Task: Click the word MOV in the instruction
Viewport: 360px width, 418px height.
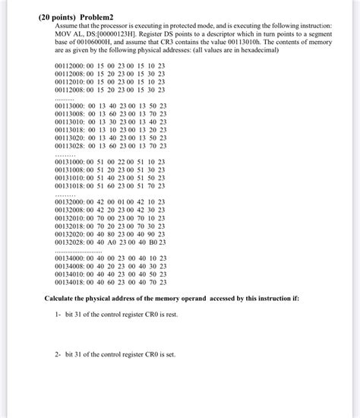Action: pyautogui.click(x=55, y=33)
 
